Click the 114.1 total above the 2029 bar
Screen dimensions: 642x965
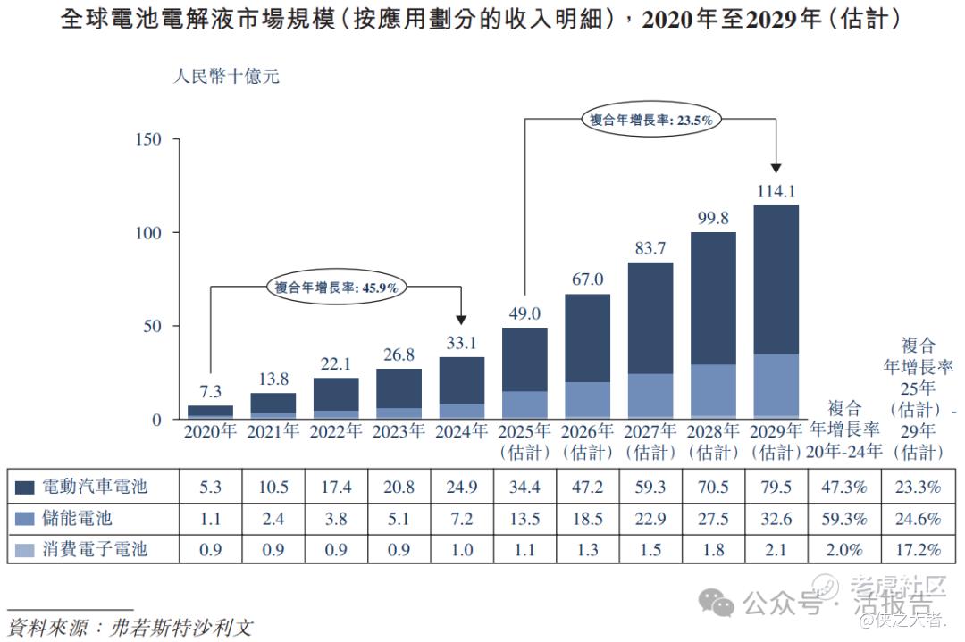[x=776, y=191]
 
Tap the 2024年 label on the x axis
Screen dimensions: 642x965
[x=462, y=432]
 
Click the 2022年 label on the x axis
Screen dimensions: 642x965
[x=336, y=432]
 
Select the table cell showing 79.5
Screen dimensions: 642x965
[x=776, y=487]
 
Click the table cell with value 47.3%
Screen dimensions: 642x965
[x=843, y=487]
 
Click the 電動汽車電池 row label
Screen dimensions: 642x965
[x=94, y=487]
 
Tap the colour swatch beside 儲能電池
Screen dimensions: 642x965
[x=26, y=519]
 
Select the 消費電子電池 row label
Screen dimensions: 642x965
[x=94, y=549]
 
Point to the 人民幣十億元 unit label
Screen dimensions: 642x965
[x=226, y=77]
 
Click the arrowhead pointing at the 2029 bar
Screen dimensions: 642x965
[x=776, y=166]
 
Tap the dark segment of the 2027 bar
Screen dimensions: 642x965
[x=650, y=318]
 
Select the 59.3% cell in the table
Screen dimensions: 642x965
[x=843, y=518]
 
